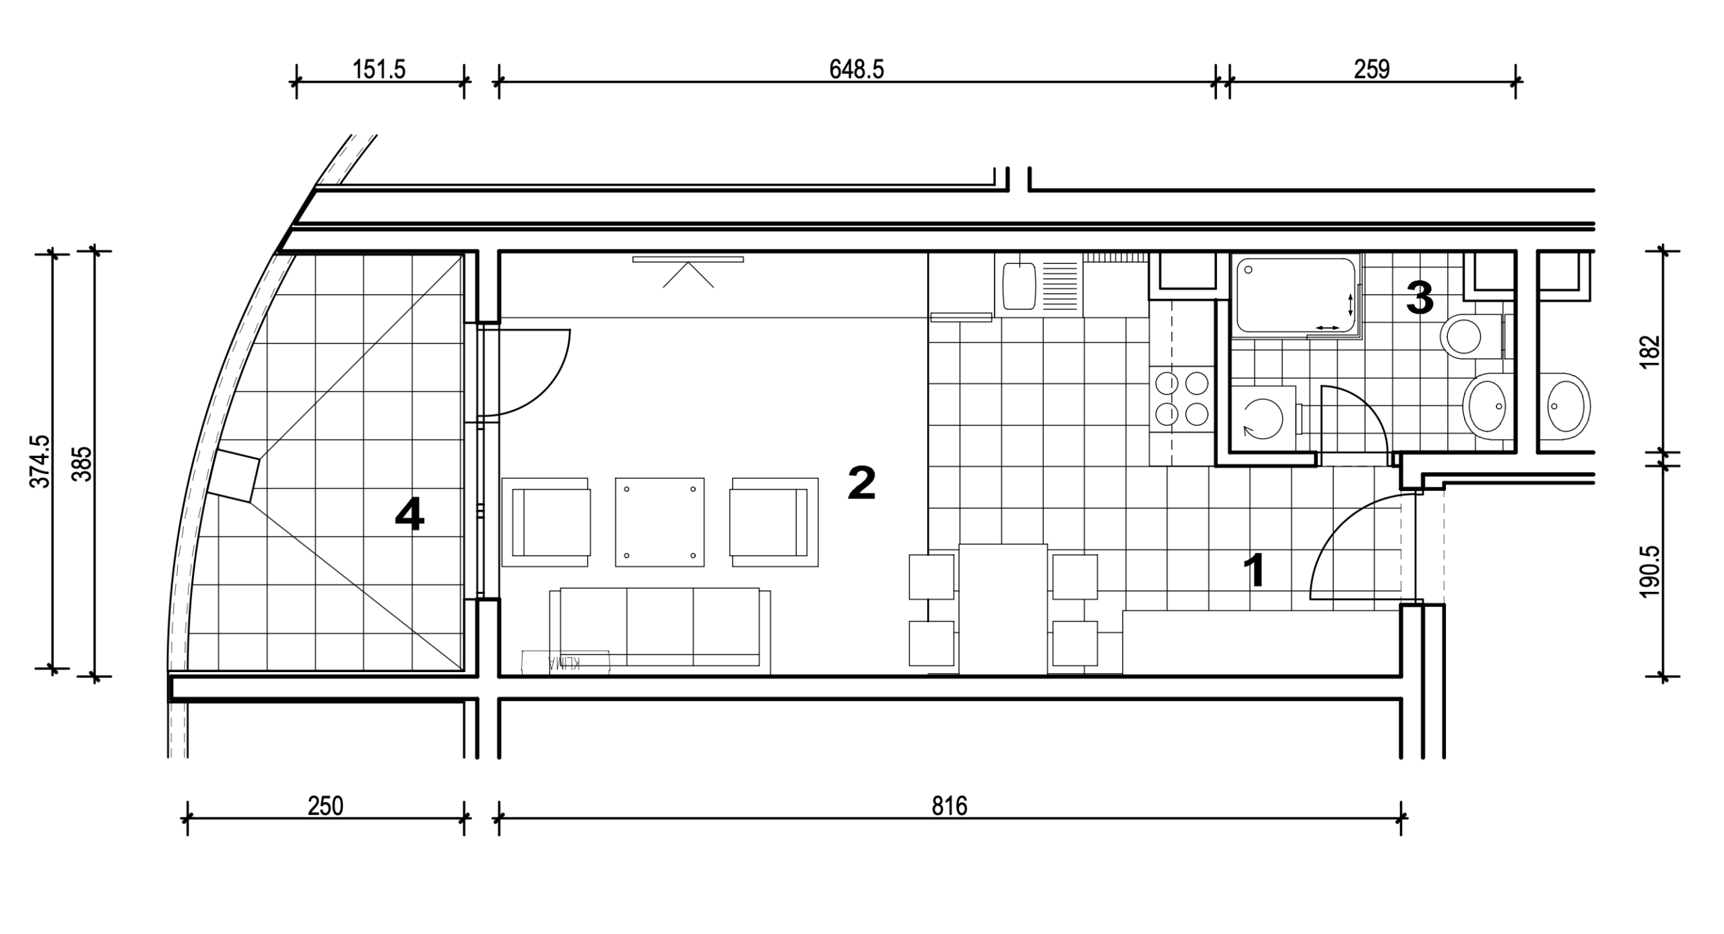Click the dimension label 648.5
tap(856, 69)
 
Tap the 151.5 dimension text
tap(379, 69)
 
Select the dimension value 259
tap(1372, 69)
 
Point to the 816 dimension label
tap(950, 806)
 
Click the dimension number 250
tap(325, 806)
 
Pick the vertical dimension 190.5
tap(1650, 571)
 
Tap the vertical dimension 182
tap(1650, 351)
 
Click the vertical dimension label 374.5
tap(40, 461)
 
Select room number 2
tap(861, 483)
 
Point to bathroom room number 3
tap(1420, 298)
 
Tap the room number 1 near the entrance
tap(1254, 571)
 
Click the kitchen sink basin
tap(1019, 286)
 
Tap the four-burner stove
tap(1182, 399)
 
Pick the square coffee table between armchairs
tap(659, 522)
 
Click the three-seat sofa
tap(660, 630)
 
